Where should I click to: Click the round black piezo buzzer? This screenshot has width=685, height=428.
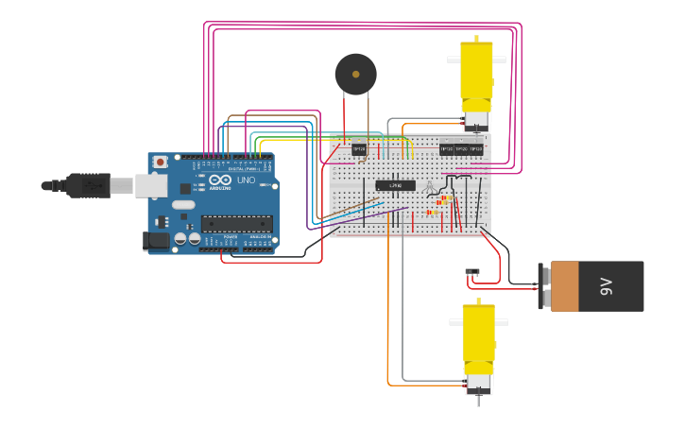pyautogui.click(x=355, y=74)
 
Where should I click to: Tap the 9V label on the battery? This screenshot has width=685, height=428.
pyautogui.click(x=606, y=286)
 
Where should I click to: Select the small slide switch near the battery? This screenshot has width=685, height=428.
pyautogui.click(x=472, y=272)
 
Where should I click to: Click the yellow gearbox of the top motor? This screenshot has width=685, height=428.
pyautogui.click(x=475, y=74)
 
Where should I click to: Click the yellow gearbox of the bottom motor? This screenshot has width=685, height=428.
pyautogui.click(x=477, y=337)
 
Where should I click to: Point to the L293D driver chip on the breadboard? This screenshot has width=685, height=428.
pyautogui.click(x=395, y=185)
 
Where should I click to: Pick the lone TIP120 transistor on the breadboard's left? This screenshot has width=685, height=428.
pyautogui.click(x=359, y=148)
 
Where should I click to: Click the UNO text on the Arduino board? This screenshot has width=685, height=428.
pyautogui.click(x=246, y=180)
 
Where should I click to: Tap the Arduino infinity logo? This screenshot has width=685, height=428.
pyautogui.click(x=220, y=180)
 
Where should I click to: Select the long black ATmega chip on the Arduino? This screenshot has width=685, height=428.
pyautogui.click(x=236, y=224)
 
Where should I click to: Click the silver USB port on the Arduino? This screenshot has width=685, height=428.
pyautogui.click(x=152, y=185)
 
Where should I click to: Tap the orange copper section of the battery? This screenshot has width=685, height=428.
pyautogui.click(x=565, y=286)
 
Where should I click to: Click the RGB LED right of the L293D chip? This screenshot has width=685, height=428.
pyautogui.click(x=431, y=185)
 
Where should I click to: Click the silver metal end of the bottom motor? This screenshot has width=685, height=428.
pyautogui.click(x=478, y=383)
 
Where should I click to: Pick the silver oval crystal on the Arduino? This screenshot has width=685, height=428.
pyautogui.click(x=183, y=204)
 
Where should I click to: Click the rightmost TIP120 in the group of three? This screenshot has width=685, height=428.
pyautogui.click(x=476, y=148)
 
